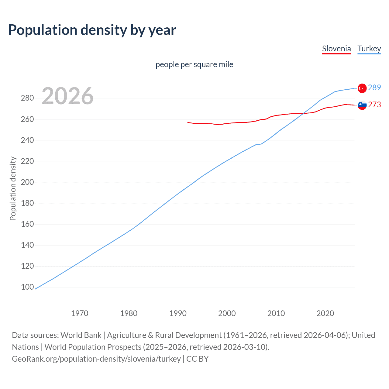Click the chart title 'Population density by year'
pyautogui.click(x=92, y=30)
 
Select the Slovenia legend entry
pyautogui.click(x=336, y=49)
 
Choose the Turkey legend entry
pyautogui.click(x=369, y=49)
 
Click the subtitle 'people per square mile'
pyautogui.click(x=194, y=64)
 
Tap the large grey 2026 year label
pyautogui.click(x=67, y=96)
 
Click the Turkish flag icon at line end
pyautogui.click(x=362, y=88)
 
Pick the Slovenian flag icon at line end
pyautogui.click(x=362, y=105)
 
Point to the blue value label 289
pyautogui.click(x=374, y=88)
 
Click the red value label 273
pyautogui.click(x=374, y=105)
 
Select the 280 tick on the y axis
pyautogui.click(x=27, y=98)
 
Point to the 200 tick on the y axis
pyautogui.click(x=27, y=182)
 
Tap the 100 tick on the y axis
pyautogui.click(x=27, y=287)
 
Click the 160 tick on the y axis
pyautogui.click(x=27, y=224)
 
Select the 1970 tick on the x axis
pyautogui.click(x=80, y=313)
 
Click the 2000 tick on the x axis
pyautogui.click(x=227, y=313)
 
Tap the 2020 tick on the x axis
pyautogui.click(x=325, y=313)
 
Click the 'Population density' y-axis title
pyautogui.click(x=13, y=188)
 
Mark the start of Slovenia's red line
pyautogui.click(x=188, y=122)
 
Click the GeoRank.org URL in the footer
pyautogui.click(x=96, y=359)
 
